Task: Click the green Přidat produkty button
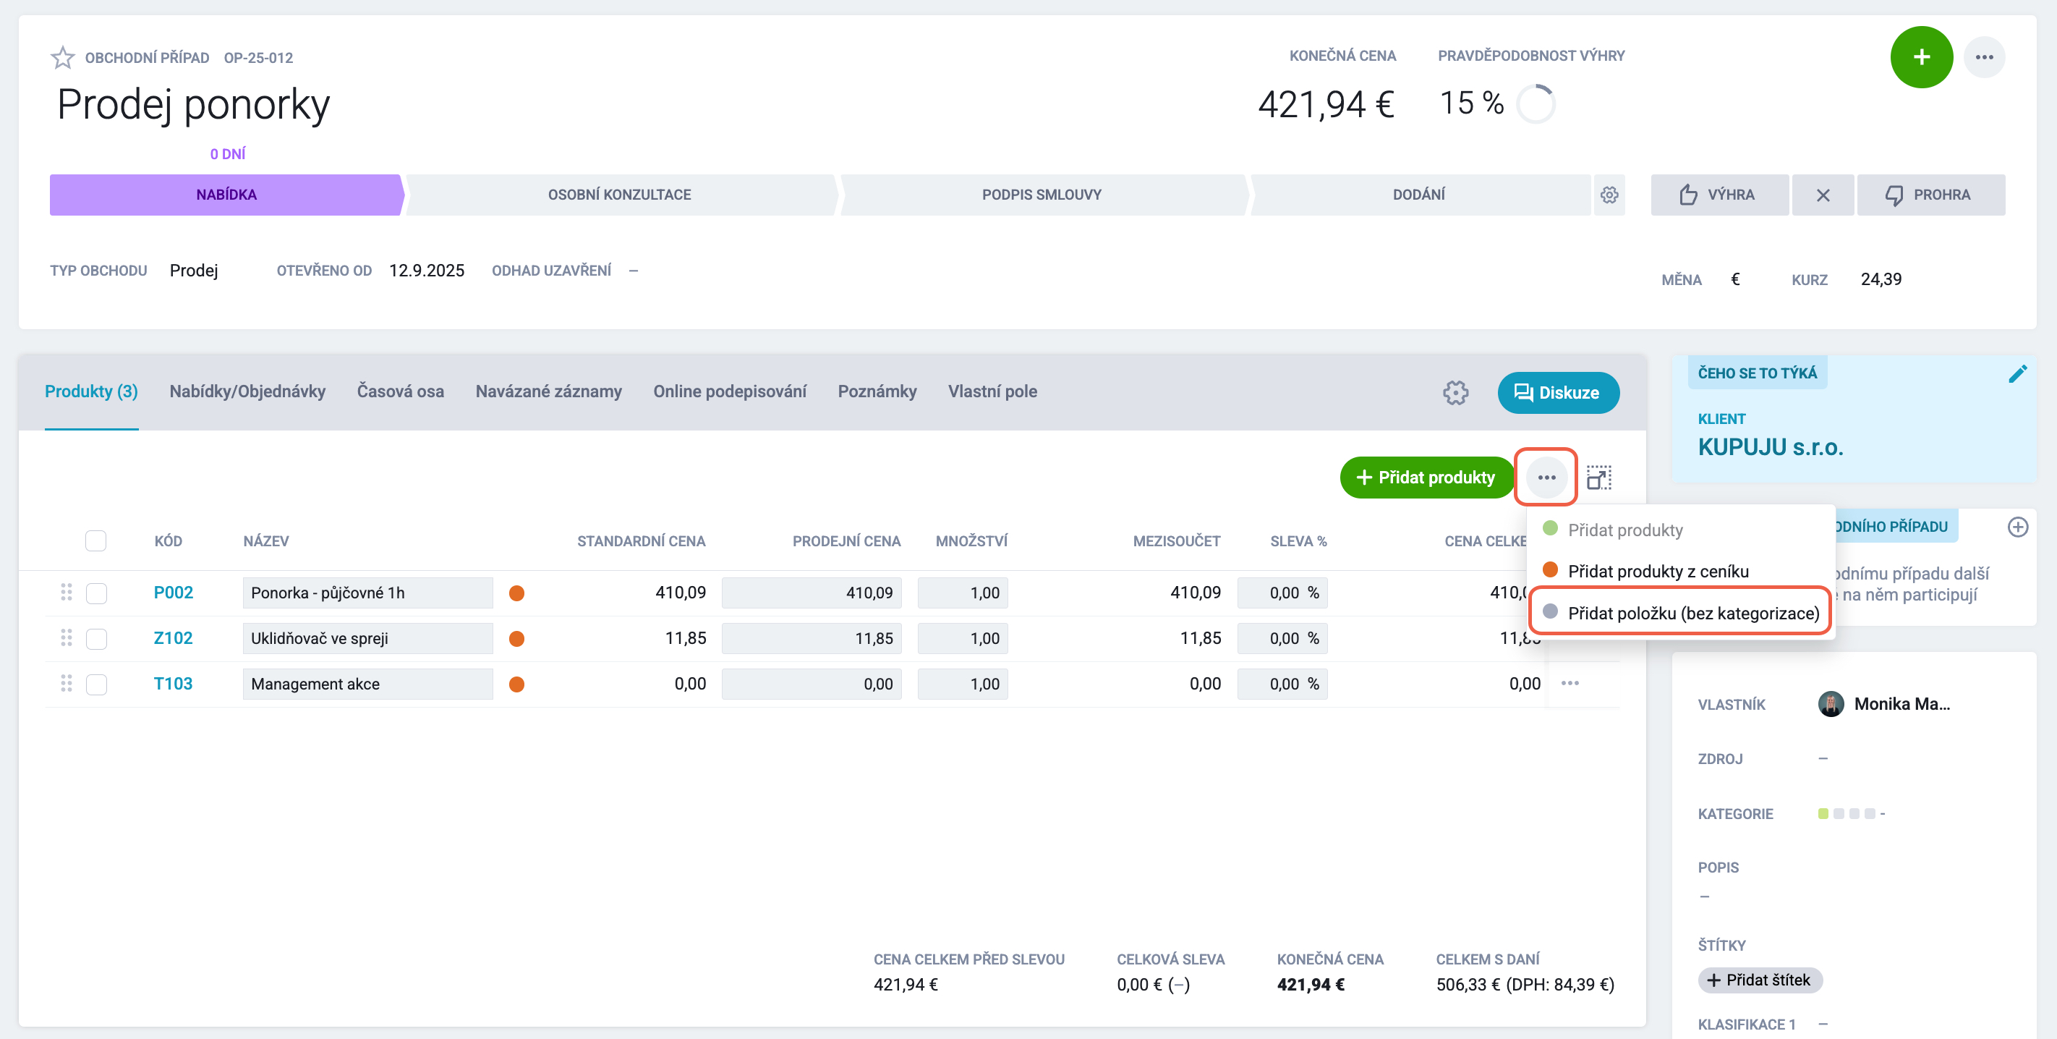[1426, 477]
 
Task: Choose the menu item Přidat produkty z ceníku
[1658, 571]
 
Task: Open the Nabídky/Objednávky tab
[247, 391]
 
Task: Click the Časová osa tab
[400, 391]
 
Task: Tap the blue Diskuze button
[1558, 392]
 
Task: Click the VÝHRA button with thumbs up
[1719, 195]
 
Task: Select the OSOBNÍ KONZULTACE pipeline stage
[620, 195]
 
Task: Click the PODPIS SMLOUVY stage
[1042, 195]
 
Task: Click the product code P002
[174, 593]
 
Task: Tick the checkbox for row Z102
[97, 638]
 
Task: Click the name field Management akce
[367, 684]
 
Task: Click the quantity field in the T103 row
[962, 684]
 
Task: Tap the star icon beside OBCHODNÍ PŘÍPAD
[62, 57]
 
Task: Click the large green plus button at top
[1921, 56]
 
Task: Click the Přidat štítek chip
[1760, 980]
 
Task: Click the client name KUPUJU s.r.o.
[1771, 447]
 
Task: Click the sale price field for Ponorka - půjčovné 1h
[812, 593]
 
